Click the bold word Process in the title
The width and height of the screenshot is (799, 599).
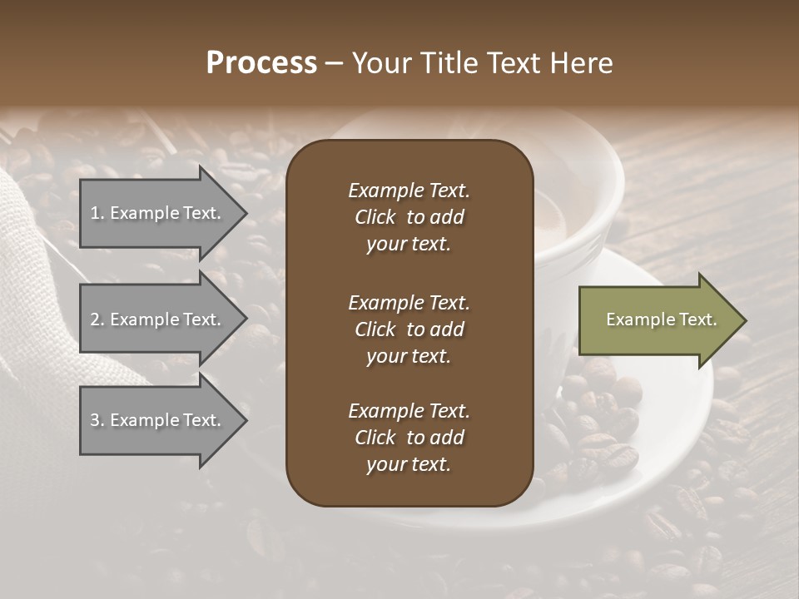pos(261,62)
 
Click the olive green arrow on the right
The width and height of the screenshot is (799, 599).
pos(658,320)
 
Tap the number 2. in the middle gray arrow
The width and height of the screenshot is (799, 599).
pos(97,319)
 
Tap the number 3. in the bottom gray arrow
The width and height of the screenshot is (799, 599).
pos(97,420)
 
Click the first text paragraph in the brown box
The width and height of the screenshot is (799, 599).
pos(409,217)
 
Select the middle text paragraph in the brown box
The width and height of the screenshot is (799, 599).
pos(409,329)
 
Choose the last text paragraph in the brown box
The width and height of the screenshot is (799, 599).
pos(409,438)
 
